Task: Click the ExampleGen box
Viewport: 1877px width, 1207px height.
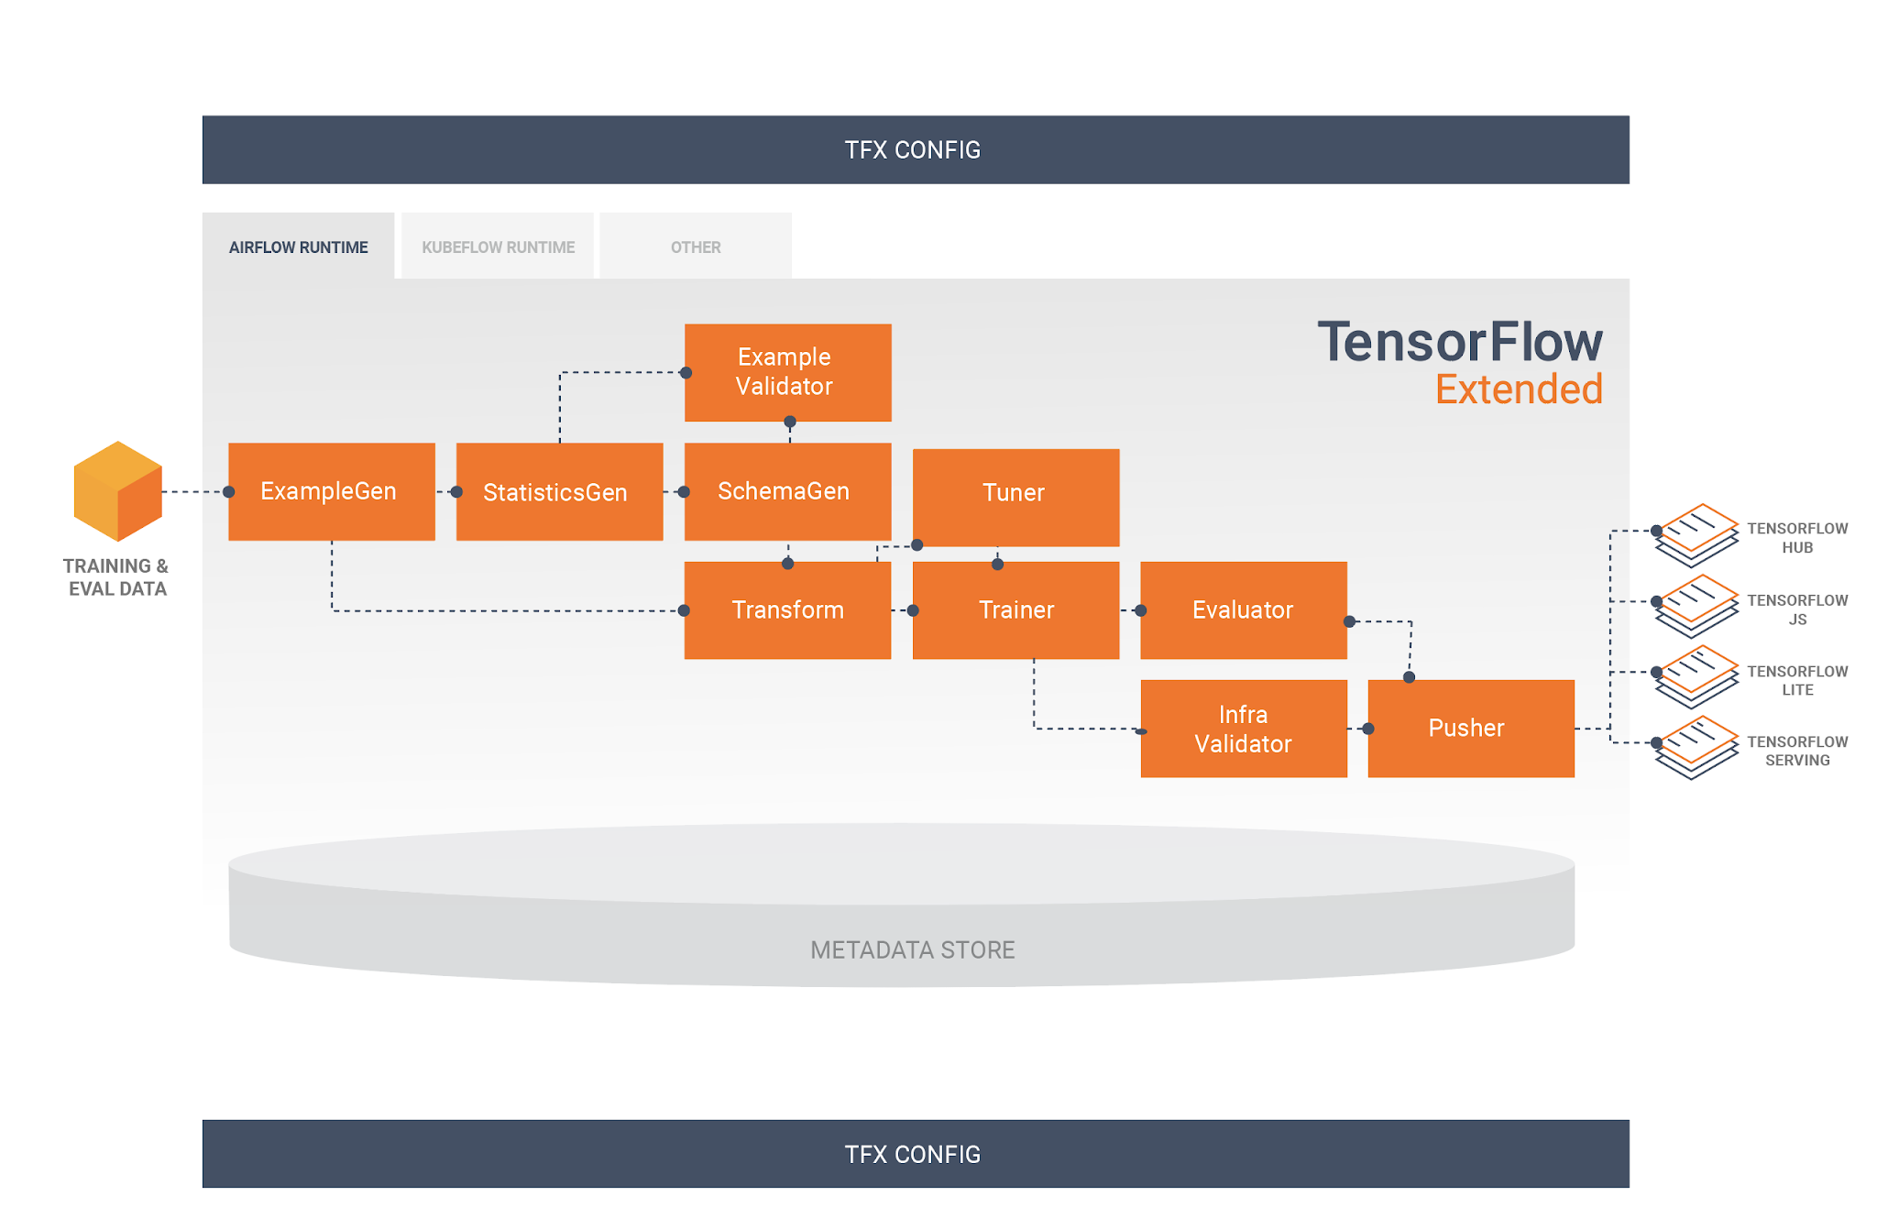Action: tap(331, 491)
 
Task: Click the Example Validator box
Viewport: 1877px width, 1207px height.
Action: tap(787, 372)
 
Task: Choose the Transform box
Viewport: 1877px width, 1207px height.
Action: tap(787, 609)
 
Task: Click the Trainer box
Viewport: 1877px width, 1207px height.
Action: tap(1015, 609)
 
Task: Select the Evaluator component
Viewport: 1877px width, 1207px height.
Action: tap(1243, 609)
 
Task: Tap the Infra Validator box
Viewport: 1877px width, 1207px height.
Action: tap(1243, 729)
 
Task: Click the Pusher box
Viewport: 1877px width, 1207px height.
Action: tap(1470, 729)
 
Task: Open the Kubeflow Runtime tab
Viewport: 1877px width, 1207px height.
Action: tap(498, 247)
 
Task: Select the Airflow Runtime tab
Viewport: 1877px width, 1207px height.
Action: tap(298, 247)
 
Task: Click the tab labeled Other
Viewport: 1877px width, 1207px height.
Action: tap(695, 247)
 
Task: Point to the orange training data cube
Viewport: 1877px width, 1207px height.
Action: tap(117, 491)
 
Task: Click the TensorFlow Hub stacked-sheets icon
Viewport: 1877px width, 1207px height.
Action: tap(1697, 534)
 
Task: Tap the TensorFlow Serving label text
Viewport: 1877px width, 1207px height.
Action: tap(1796, 751)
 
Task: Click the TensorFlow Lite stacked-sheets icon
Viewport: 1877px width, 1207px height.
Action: tap(1697, 676)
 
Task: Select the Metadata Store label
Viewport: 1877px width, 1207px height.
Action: tap(912, 949)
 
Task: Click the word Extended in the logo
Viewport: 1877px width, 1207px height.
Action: tap(1518, 390)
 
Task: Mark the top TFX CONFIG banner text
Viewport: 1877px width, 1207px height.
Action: tap(912, 149)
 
